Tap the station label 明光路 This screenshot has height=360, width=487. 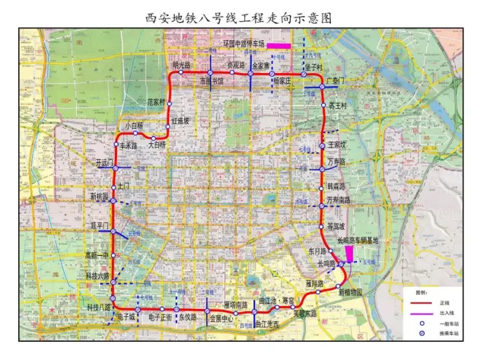point(184,65)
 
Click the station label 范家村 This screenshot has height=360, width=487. point(157,101)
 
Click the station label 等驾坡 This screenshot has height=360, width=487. point(336,226)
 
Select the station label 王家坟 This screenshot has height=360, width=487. point(336,144)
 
